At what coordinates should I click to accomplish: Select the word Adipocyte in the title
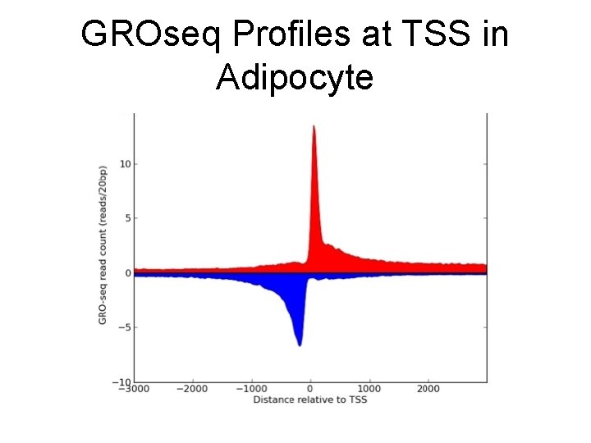[295, 78]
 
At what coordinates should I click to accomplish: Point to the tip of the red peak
[314, 126]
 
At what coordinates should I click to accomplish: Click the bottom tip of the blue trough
[300, 345]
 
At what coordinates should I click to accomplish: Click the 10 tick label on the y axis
[125, 164]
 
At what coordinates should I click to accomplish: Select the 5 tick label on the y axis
[127, 218]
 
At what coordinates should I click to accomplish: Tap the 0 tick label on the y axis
[127, 273]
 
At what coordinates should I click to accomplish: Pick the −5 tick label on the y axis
[124, 327]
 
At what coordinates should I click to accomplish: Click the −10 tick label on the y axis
[122, 382]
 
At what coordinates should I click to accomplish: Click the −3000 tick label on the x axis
[134, 390]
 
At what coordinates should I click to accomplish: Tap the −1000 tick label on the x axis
[251, 390]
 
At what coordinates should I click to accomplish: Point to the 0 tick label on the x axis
[310, 390]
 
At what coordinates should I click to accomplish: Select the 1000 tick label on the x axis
[369, 390]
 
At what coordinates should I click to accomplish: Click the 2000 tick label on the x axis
[428, 390]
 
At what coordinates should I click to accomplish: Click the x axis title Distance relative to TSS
[310, 400]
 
